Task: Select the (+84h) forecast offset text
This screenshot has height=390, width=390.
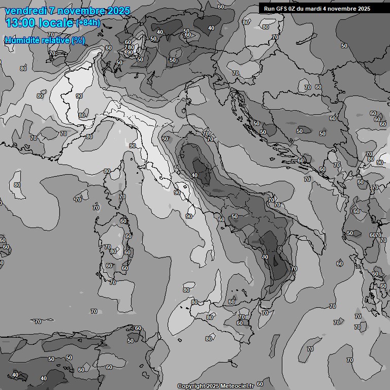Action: click(x=88, y=23)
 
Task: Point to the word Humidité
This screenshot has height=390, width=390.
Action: click(x=21, y=40)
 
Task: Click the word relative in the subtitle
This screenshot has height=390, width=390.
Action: click(x=54, y=40)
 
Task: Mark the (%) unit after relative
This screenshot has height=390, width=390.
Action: click(x=78, y=40)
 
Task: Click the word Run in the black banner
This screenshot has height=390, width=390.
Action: click(x=270, y=9)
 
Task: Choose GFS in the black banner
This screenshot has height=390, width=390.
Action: click(x=282, y=9)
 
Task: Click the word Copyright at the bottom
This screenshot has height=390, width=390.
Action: click(x=191, y=386)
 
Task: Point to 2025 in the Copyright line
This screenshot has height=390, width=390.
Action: click(x=212, y=386)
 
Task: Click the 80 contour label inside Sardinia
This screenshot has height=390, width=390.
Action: click(x=113, y=251)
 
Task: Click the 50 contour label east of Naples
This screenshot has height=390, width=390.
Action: click(x=235, y=216)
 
